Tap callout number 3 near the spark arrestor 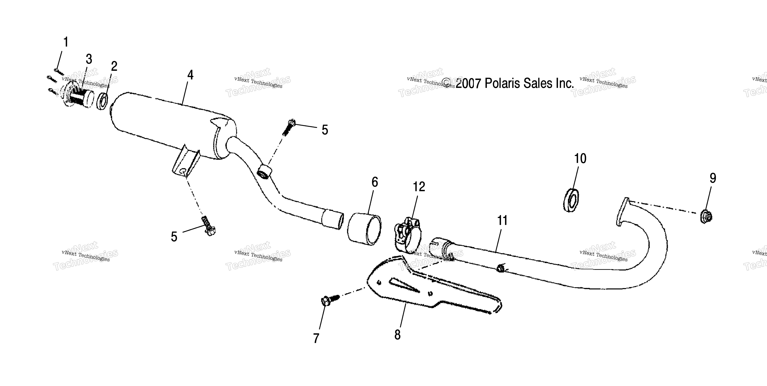click(x=89, y=59)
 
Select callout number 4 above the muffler click(x=190, y=75)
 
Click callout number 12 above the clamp click(x=419, y=187)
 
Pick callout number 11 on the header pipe click(x=502, y=220)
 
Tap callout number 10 click(x=580, y=159)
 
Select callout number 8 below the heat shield click(x=397, y=335)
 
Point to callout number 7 click(x=316, y=338)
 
